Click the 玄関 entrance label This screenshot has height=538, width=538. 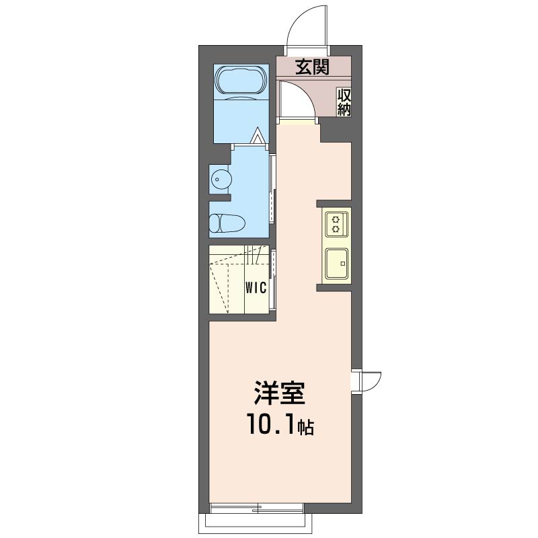coord(312,67)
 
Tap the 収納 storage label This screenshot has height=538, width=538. coord(344,102)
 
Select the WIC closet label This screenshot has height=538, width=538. coord(256,289)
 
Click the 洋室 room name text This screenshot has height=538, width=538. coord(280,393)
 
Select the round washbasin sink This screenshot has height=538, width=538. coord(221,179)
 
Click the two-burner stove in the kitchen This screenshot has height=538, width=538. coord(337,224)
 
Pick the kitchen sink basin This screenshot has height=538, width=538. coord(337,264)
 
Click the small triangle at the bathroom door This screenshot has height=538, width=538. coord(258,136)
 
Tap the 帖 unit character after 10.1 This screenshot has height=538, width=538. coord(305,427)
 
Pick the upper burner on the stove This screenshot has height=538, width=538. coord(336,219)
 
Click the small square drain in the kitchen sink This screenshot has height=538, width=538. coord(342,264)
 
